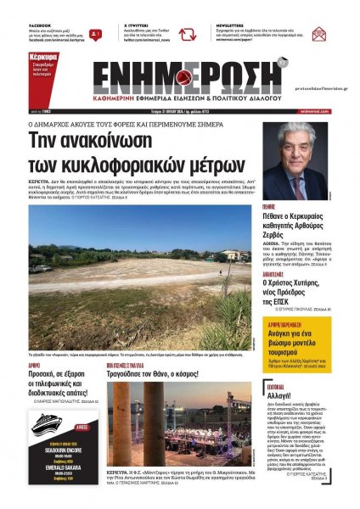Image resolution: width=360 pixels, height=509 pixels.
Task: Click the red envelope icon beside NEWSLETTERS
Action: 318,35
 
